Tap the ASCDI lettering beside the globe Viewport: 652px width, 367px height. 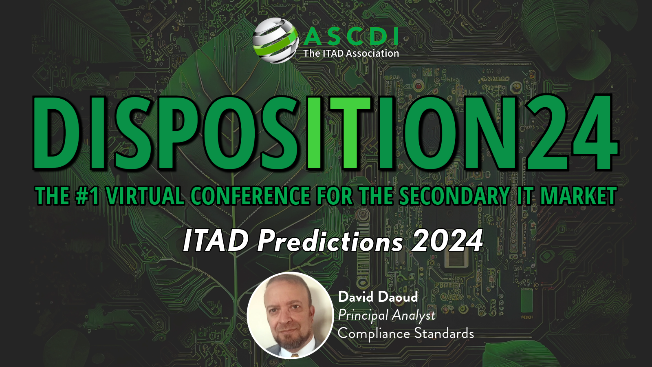(351, 37)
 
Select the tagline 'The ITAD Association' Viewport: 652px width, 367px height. (351, 53)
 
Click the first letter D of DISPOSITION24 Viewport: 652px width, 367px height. (55, 133)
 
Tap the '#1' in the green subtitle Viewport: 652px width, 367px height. (87, 196)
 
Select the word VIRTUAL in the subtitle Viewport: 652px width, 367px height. (145, 196)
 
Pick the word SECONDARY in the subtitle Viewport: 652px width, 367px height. (454, 196)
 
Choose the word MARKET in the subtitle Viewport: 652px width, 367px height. (578, 196)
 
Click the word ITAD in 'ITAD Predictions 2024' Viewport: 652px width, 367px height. (216, 240)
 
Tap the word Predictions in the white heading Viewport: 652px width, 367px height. (330, 241)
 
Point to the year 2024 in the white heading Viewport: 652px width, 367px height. (447, 240)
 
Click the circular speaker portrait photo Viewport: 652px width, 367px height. (290, 315)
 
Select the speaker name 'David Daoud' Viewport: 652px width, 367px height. (378, 297)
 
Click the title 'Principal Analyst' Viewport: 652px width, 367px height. (386, 315)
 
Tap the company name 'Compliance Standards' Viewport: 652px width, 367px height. (406, 334)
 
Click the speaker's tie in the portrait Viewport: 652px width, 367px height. (294, 355)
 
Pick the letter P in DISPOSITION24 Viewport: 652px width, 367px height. (178, 133)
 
